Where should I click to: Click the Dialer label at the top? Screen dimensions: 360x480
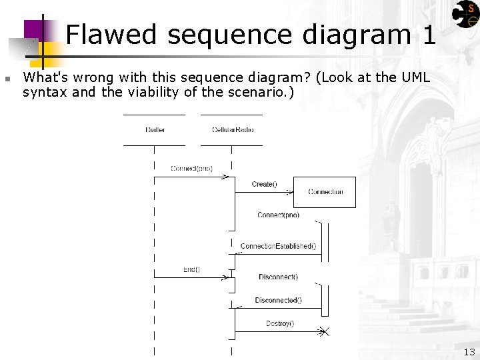click(x=155, y=129)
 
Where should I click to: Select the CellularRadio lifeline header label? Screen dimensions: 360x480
click(x=231, y=129)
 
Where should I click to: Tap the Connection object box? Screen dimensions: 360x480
click(x=325, y=192)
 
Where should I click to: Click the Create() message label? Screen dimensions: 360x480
click(x=264, y=184)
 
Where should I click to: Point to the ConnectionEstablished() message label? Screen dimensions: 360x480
click(x=278, y=246)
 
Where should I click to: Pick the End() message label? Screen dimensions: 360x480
click(x=191, y=269)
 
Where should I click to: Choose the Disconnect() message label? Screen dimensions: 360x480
click(x=278, y=277)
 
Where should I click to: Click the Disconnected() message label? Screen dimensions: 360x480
click(x=278, y=300)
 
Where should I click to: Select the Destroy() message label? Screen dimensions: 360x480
click(x=280, y=323)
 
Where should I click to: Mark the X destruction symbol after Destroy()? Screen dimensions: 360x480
click(x=324, y=331)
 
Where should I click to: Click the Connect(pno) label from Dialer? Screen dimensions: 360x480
click(x=191, y=169)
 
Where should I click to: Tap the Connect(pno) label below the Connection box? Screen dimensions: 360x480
click(x=278, y=215)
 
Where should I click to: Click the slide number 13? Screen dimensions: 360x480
click(x=469, y=352)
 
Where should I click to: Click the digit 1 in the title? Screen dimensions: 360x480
click(x=429, y=35)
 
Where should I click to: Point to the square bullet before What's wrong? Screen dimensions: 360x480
click(x=7, y=79)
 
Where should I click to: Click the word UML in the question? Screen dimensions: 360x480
click(x=415, y=77)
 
